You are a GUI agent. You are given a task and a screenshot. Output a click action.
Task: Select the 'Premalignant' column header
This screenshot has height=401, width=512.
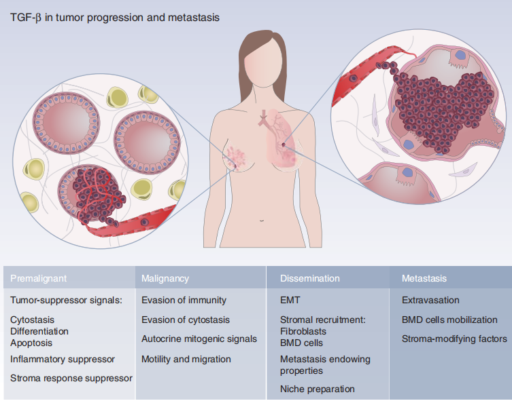(39, 278)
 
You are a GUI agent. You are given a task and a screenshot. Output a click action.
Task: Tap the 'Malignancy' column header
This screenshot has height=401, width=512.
(165, 278)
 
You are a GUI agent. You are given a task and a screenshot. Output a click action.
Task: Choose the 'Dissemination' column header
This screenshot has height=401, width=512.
(310, 278)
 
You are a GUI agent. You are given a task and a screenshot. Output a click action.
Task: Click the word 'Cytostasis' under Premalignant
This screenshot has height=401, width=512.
(33, 320)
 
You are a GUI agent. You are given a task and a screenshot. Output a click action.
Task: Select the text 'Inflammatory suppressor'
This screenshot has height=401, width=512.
(63, 359)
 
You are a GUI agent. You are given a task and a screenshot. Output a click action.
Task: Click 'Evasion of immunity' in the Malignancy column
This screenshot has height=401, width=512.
(184, 300)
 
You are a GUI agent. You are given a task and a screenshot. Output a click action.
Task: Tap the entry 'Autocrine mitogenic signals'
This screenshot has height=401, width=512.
(199, 339)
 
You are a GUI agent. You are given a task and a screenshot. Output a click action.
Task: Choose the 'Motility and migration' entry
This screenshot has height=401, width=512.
(186, 359)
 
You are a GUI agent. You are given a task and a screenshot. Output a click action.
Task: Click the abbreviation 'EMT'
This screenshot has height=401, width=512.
(290, 300)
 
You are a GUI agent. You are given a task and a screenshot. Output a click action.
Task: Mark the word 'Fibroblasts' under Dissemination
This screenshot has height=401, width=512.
(303, 331)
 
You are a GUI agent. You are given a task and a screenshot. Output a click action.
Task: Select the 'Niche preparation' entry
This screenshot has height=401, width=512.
(318, 389)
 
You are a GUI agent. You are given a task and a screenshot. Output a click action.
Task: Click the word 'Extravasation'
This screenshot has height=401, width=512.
(431, 300)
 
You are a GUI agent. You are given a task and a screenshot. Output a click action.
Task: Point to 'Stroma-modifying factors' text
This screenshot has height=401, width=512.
(454, 339)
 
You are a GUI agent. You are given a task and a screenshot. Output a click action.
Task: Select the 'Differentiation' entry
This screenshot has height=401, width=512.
(39, 332)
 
